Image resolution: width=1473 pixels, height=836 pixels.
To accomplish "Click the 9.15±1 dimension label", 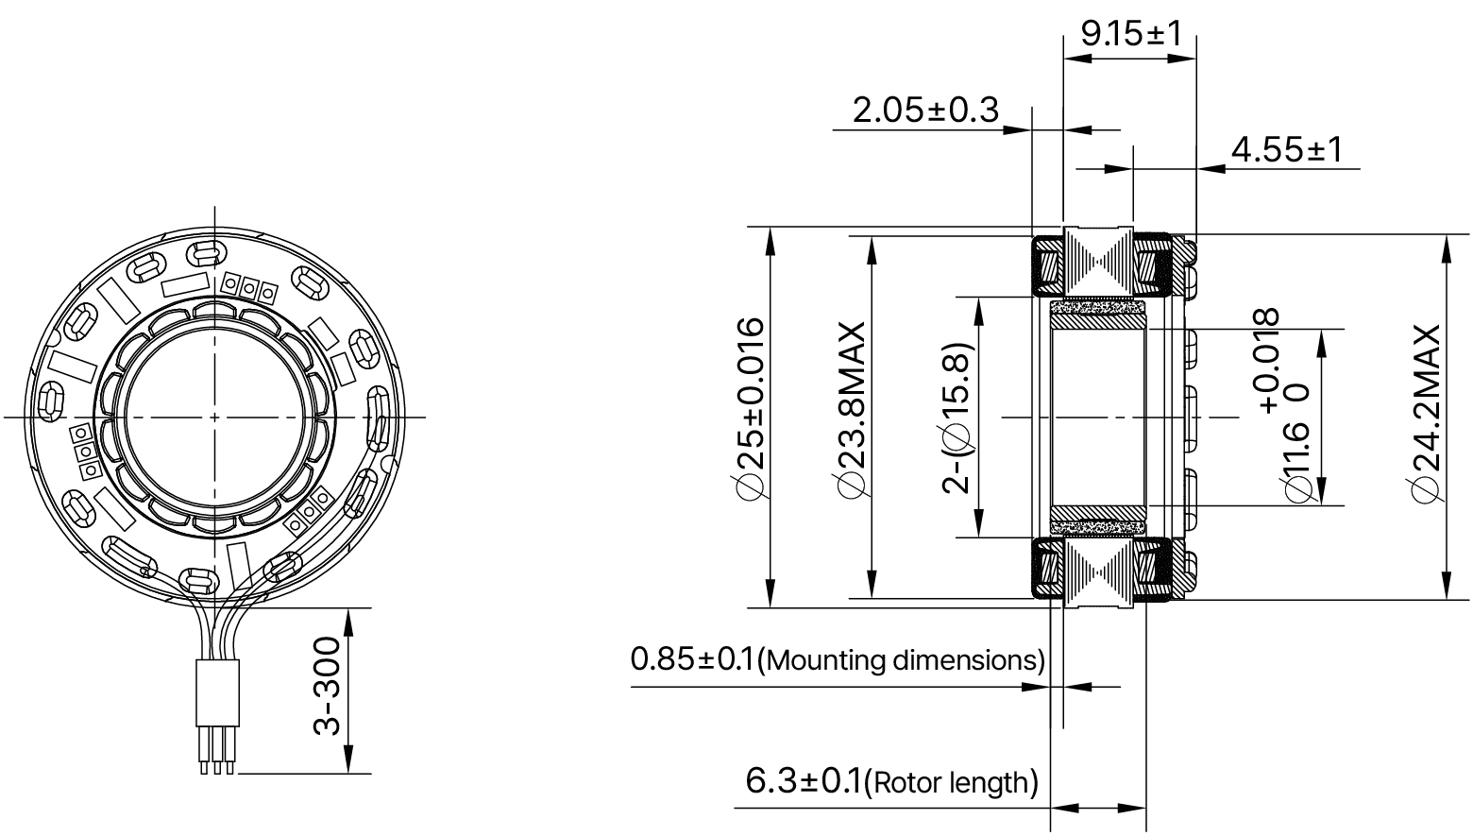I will pos(1130,34).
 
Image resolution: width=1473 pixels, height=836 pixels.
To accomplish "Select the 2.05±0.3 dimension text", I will pos(924,110).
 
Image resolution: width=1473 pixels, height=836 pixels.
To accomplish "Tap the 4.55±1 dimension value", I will pos(1285,149).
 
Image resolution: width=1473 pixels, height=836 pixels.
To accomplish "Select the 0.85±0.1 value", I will pos(693,658).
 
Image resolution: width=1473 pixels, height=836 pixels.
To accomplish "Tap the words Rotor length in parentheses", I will pos(951,782).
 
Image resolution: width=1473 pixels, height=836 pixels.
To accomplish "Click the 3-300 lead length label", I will pos(326,685).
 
